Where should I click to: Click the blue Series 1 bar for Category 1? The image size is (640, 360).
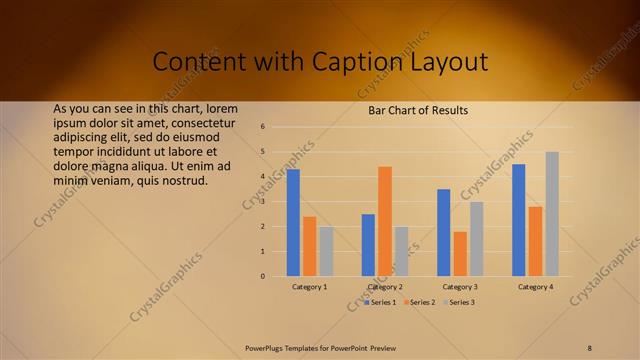[293, 223]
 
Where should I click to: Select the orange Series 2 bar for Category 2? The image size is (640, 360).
[385, 221]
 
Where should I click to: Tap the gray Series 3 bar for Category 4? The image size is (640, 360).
[552, 214]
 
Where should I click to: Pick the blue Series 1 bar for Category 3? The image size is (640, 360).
[444, 232]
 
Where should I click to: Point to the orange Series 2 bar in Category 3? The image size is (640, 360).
[460, 254]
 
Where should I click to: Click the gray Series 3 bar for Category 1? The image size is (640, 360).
[326, 251]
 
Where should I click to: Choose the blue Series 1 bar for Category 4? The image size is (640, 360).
[519, 220]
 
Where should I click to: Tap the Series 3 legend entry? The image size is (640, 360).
[459, 302]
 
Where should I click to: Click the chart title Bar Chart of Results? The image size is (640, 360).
[418, 110]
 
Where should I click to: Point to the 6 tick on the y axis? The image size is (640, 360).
[262, 127]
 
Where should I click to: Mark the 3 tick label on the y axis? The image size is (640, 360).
[262, 202]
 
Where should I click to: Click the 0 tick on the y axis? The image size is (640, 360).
[262, 276]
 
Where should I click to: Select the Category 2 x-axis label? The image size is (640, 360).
[385, 287]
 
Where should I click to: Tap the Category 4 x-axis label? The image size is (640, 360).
[535, 287]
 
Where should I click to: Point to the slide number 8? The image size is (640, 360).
[590, 347]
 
